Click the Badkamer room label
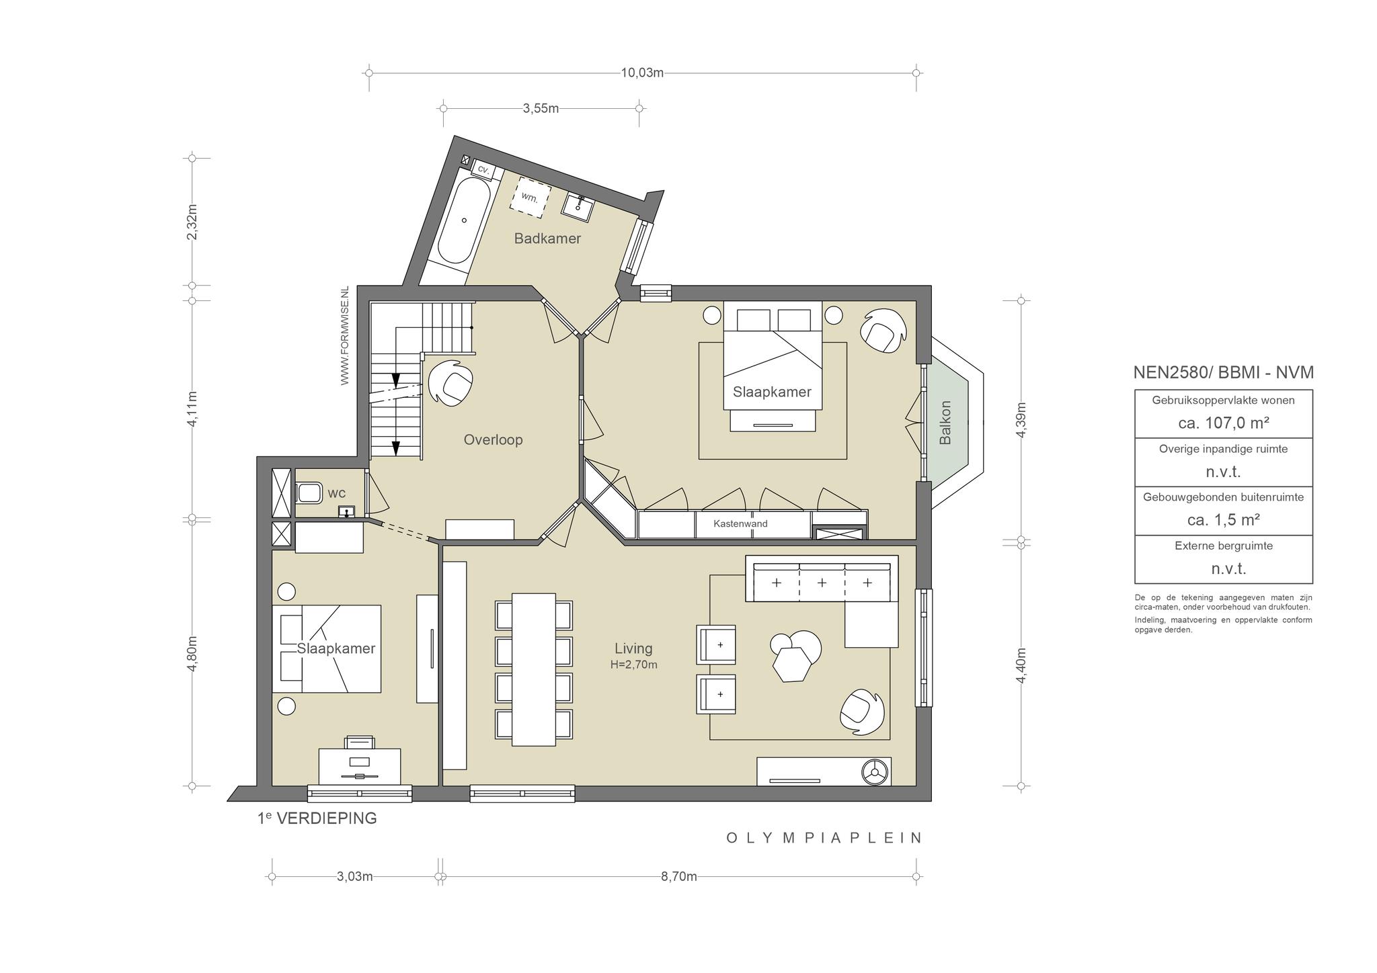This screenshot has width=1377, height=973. tap(547, 239)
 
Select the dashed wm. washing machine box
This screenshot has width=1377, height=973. tap(530, 197)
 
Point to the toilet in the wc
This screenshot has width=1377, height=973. tap(309, 493)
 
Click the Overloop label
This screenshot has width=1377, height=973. tap(493, 440)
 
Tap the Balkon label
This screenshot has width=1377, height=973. tap(945, 423)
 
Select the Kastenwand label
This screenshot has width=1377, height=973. tap(740, 524)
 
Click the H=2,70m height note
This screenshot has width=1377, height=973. tap(633, 665)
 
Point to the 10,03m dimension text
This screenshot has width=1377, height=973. tap(642, 73)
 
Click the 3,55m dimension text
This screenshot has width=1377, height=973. tap(541, 108)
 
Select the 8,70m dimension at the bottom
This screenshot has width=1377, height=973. tap(678, 876)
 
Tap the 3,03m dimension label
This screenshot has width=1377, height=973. tap(354, 876)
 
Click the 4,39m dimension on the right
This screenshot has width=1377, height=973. tap(1021, 420)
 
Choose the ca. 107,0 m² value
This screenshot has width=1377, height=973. tap(1223, 423)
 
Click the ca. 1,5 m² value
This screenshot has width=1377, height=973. tap(1223, 519)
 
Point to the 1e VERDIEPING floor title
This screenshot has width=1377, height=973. tap(317, 818)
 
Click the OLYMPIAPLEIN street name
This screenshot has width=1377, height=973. tap(824, 838)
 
